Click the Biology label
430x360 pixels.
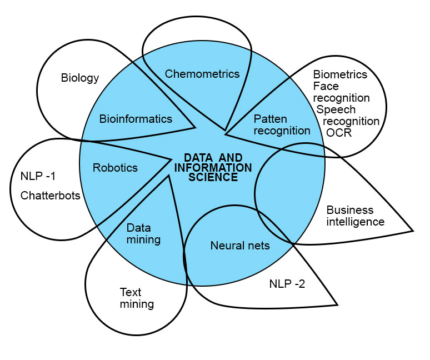click(x=79, y=78)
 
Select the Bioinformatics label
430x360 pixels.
click(x=136, y=119)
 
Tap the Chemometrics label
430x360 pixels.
click(x=202, y=73)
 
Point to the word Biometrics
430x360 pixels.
click(x=340, y=74)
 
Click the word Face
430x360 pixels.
click(x=326, y=86)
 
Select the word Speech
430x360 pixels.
click(x=336, y=109)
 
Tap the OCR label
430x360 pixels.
click(x=339, y=133)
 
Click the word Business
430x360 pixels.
click(x=349, y=210)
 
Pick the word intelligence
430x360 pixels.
click(x=355, y=222)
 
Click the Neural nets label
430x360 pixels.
click(x=240, y=245)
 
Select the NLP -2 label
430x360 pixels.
click(x=287, y=284)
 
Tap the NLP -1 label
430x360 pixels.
click(x=38, y=176)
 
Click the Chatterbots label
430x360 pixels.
click(x=51, y=196)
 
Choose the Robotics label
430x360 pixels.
click(x=115, y=167)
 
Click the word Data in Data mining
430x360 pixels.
click(x=138, y=228)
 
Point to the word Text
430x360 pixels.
click(x=131, y=292)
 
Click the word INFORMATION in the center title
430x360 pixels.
click(x=217, y=168)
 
